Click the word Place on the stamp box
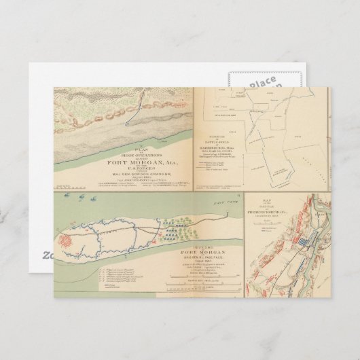(262, 84)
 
